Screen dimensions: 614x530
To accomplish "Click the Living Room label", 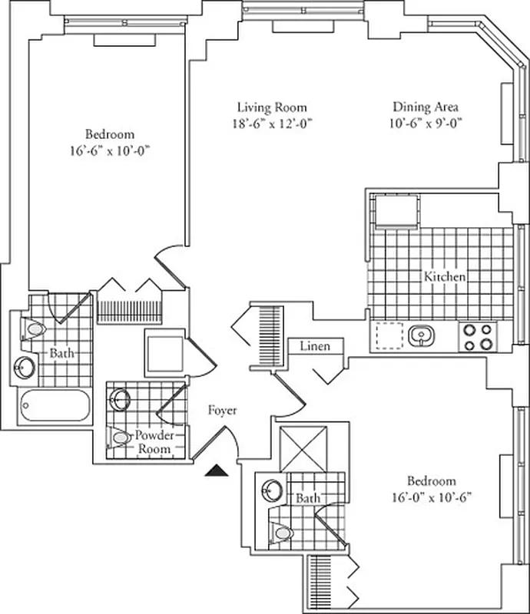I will [271, 107].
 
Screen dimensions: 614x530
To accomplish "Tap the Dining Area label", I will [426, 107].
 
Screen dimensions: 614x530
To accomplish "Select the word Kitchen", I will [445, 276].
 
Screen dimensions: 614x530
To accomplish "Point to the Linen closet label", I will [315, 346].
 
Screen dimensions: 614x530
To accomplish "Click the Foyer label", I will [222, 411].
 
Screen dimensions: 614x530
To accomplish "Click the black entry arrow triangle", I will [217, 470].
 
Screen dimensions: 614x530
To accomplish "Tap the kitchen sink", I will [419, 335].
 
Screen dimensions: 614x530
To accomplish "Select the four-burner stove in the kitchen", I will [478, 336].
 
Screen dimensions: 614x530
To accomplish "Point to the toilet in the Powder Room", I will [120, 437].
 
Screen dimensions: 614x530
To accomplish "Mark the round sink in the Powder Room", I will [121, 398].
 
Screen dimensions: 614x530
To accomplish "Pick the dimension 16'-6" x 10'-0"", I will [107, 150].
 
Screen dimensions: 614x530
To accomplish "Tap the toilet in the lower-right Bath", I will [283, 531].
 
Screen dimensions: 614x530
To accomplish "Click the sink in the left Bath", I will [25, 367].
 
